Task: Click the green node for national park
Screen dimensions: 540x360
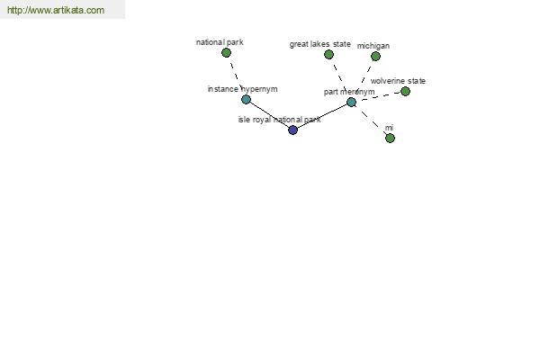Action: click(x=226, y=53)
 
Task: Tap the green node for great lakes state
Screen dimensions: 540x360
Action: click(x=328, y=54)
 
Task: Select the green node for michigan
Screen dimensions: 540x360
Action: click(x=375, y=56)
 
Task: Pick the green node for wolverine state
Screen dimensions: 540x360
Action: click(x=405, y=91)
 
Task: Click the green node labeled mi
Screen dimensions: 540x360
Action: click(x=390, y=138)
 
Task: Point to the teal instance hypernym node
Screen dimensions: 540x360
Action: click(x=246, y=100)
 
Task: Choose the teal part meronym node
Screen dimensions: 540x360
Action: click(x=351, y=102)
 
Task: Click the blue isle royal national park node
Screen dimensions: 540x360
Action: click(x=292, y=130)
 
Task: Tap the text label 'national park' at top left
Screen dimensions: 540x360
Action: click(x=220, y=42)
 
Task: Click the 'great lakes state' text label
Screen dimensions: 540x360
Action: click(x=319, y=44)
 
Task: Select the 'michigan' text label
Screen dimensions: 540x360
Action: click(x=373, y=46)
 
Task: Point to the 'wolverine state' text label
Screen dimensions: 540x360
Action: click(x=398, y=81)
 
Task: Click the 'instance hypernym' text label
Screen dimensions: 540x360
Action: click(x=242, y=89)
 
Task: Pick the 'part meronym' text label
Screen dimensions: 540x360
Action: click(x=349, y=92)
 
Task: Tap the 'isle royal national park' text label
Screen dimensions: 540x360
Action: click(x=279, y=120)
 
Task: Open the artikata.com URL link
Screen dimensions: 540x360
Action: click(x=56, y=10)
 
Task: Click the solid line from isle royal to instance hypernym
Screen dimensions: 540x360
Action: click(x=269, y=114)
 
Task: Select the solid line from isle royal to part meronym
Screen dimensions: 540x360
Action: click(x=322, y=116)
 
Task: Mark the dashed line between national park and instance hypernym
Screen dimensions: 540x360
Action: click(x=236, y=76)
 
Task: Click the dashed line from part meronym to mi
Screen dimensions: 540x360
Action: click(x=371, y=121)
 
